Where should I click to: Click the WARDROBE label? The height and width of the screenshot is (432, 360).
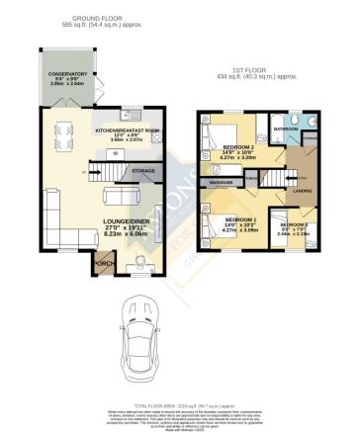tap(223, 183)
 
